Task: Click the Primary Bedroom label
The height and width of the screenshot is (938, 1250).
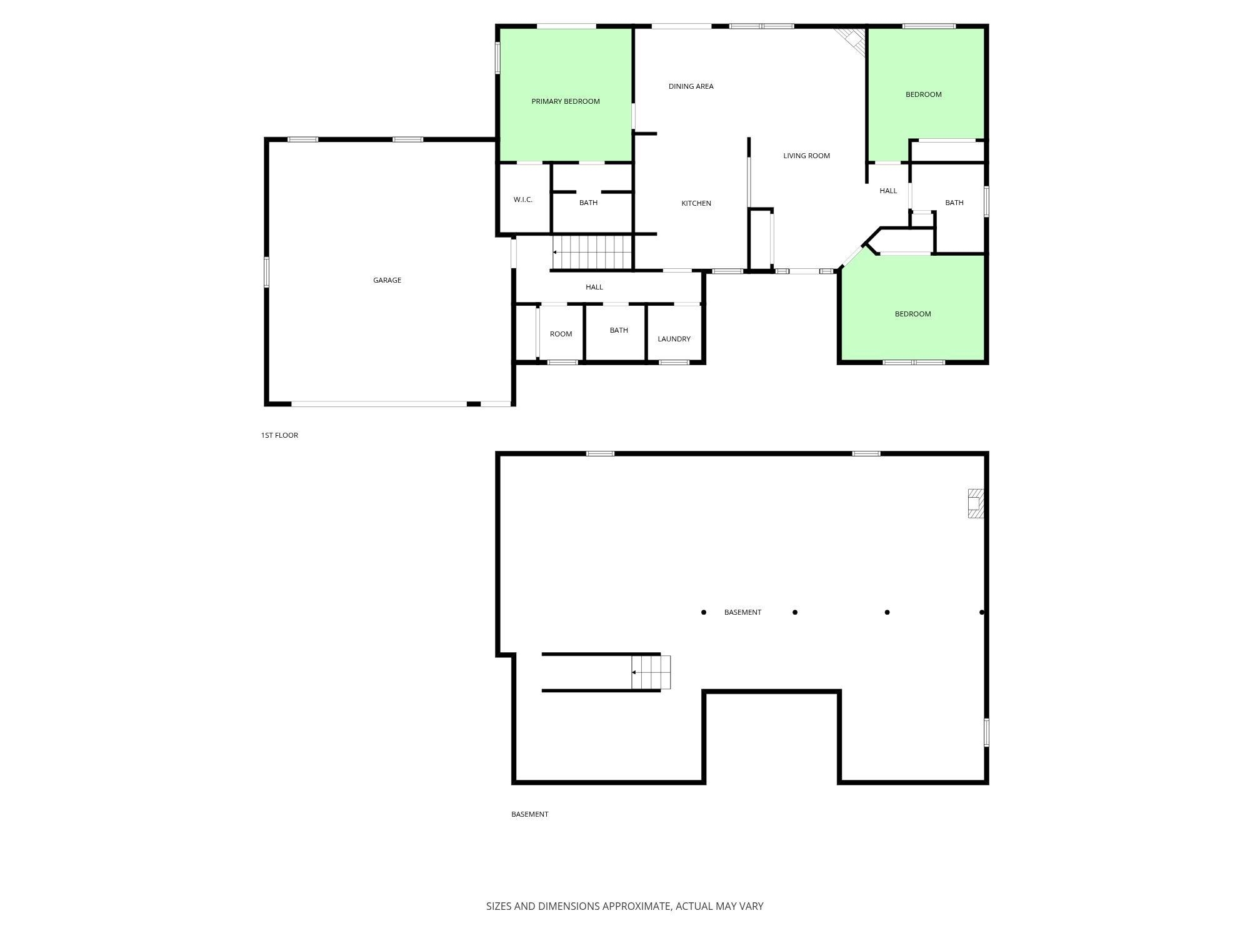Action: tap(566, 101)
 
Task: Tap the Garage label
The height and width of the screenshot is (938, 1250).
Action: tap(387, 280)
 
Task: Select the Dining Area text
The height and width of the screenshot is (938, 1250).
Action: tap(691, 86)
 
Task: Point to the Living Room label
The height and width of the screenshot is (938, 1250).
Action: tap(806, 156)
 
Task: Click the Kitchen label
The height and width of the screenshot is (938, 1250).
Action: tap(696, 203)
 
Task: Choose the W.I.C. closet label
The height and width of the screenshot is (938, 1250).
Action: tap(523, 199)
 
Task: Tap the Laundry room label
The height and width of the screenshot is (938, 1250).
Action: tap(674, 339)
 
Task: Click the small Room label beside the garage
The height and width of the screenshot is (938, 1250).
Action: tap(561, 334)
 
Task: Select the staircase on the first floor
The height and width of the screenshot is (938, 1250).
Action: tap(592, 252)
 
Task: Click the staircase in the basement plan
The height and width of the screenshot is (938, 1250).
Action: tap(651, 672)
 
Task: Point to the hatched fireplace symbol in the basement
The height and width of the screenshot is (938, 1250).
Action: tap(976, 503)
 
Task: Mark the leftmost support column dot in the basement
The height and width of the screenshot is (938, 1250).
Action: tap(704, 612)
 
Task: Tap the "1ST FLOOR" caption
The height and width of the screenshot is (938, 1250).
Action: tap(279, 435)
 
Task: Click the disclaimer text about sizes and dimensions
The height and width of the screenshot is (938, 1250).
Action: tap(624, 906)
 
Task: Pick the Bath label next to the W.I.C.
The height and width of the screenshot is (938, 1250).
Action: tap(588, 203)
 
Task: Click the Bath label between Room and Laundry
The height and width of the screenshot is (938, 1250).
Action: tap(619, 330)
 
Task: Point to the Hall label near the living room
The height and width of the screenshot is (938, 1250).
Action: tap(888, 191)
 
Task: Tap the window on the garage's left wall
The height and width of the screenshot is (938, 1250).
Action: tap(266, 272)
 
